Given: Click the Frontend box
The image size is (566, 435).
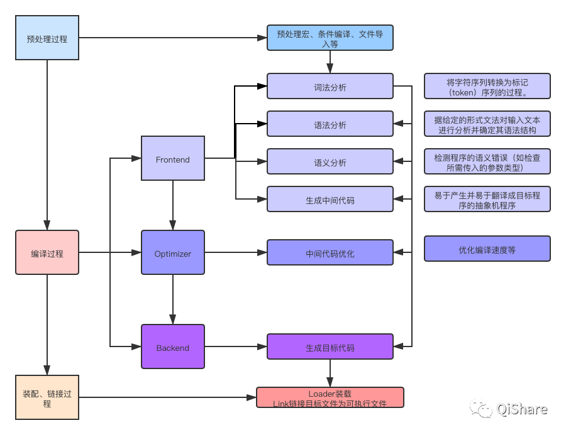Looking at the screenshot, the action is [x=173, y=158].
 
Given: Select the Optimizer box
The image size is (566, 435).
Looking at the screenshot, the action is [x=173, y=252].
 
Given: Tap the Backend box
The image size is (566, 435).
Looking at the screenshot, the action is [x=173, y=346].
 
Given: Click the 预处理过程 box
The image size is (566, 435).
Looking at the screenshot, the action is [x=47, y=38].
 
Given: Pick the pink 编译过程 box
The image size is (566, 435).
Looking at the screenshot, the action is [x=47, y=252].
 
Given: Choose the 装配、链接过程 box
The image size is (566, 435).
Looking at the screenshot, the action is [x=47, y=397].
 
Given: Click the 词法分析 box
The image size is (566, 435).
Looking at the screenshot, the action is [x=330, y=86].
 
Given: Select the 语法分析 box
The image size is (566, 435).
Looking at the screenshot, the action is [x=330, y=124].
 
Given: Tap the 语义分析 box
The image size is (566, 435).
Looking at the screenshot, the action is [x=330, y=161].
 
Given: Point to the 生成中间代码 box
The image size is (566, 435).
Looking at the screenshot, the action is [x=330, y=199].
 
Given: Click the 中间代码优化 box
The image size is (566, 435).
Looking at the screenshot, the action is [x=330, y=252].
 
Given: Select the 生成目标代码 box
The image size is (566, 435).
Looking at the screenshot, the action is [x=330, y=346].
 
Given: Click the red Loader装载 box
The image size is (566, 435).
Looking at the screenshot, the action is [x=330, y=397].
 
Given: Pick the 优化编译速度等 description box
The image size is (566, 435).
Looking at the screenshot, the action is [x=487, y=249].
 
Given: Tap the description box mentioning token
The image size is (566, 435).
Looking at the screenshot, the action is [x=487, y=86].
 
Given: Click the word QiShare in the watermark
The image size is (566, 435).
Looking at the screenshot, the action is [x=522, y=409].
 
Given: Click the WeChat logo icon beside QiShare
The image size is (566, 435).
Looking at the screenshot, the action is [x=481, y=409].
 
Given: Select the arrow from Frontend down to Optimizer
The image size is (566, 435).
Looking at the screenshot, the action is [x=173, y=205].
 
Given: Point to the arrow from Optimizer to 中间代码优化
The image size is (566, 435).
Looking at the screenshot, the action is [x=236, y=252].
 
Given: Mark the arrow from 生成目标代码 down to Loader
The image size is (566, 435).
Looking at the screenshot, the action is [x=330, y=373].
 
